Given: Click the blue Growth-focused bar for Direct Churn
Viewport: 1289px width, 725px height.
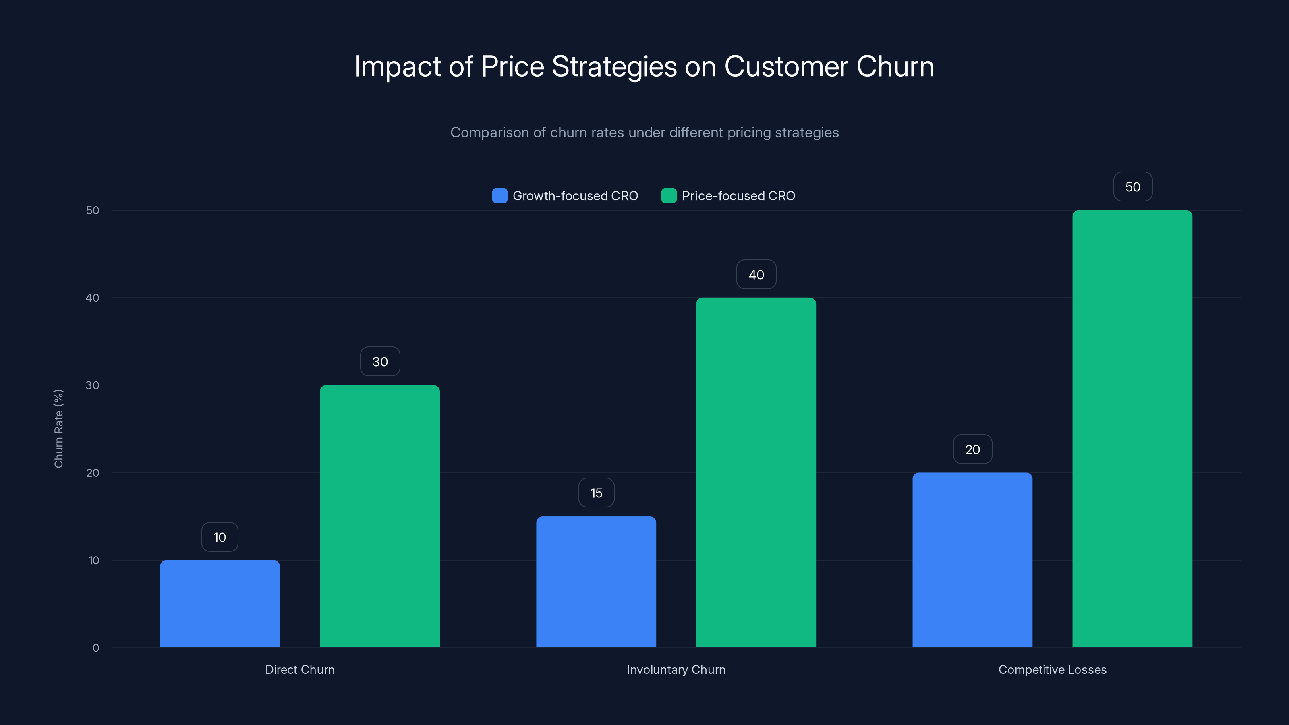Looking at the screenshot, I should point(220,603).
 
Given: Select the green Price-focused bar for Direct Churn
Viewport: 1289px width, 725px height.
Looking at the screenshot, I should point(380,516).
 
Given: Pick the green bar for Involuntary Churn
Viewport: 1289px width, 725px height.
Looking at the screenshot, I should point(756,472).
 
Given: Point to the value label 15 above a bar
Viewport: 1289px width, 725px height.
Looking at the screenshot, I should point(596,493).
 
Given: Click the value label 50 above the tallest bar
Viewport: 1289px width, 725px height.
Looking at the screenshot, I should point(1132,186).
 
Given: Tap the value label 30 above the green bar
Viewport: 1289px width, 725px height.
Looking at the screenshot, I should point(380,361).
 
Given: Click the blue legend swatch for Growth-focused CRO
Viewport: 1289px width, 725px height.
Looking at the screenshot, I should point(499,196).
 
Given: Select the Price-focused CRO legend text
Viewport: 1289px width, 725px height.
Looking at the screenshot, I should point(738,196).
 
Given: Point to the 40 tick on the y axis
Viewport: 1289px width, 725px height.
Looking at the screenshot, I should point(93,298).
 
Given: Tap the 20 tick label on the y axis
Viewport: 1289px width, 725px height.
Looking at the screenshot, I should point(93,473).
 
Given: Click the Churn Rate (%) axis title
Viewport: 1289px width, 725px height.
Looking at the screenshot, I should point(58,428).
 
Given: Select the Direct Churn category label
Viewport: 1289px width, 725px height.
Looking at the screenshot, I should point(300,669).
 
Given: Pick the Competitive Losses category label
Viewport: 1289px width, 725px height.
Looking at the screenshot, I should point(1052,669).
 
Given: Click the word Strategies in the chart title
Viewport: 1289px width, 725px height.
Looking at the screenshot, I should point(614,66).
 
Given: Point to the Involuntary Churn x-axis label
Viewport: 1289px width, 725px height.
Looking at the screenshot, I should point(676,669).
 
